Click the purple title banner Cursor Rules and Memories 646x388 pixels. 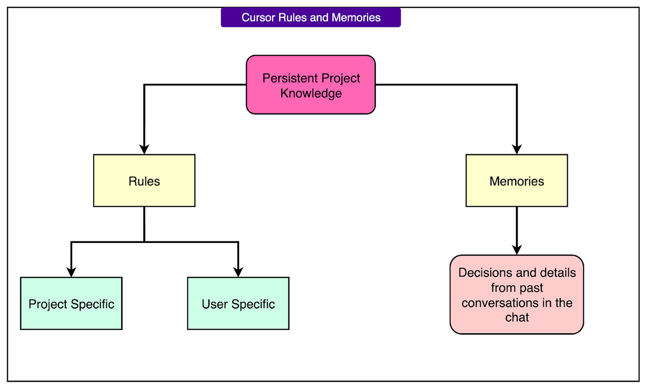pyautogui.click(x=311, y=18)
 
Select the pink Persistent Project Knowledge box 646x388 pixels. pyautogui.click(x=311, y=85)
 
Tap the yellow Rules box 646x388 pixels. pyautogui.click(x=144, y=181)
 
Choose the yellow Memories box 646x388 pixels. pyautogui.click(x=516, y=181)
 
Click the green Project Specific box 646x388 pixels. pyautogui.click(x=71, y=304)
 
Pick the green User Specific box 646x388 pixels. pyautogui.click(x=238, y=304)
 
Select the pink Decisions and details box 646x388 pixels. pyautogui.click(x=516, y=295)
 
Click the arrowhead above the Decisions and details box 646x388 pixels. pyautogui.click(x=516, y=249)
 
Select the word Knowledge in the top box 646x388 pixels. pyautogui.click(x=311, y=93)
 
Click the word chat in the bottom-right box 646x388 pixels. pyautogui.click(x=516, y=317)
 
